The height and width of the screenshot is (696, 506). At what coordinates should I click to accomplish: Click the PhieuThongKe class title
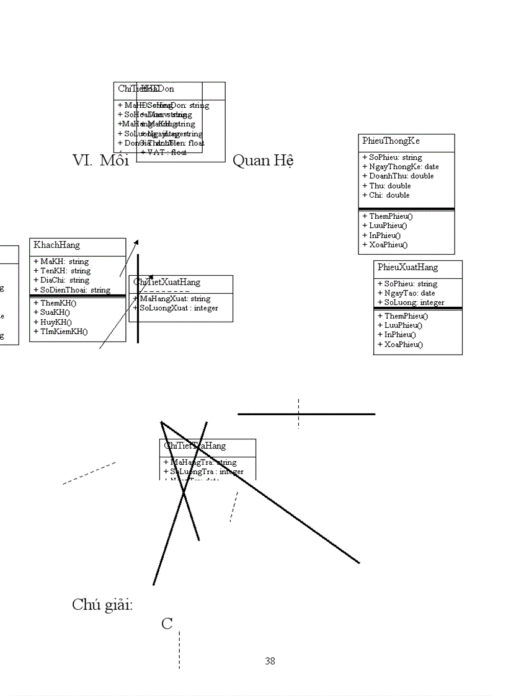point(391,141)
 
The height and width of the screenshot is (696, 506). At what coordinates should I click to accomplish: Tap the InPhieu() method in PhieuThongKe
point(384,236)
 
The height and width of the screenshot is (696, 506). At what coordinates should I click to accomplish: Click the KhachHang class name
point(56,245)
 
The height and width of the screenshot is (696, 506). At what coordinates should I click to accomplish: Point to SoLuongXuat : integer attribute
point(179,308)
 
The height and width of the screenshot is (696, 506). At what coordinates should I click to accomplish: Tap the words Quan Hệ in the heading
point(262,161)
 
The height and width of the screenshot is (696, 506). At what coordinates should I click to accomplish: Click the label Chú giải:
point(102,605)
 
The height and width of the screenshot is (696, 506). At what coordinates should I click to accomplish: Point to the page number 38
point(270,661)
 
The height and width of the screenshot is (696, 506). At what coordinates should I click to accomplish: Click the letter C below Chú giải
point(167,624)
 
